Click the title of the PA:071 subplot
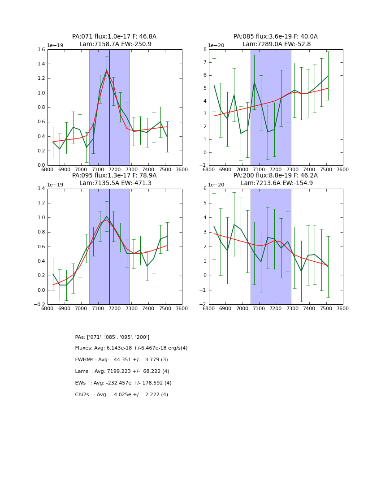[x=114, y=40]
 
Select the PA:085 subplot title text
[x=276, y=40]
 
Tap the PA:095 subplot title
[x=114, y=179]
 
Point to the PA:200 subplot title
[x=276, y=179]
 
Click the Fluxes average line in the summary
[x=131, y=348]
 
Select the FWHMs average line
[x=121, y=360]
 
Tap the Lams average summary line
[x=122, y=372]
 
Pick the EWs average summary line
[x=123, y=383]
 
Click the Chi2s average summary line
[x=121, y=395]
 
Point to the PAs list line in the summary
[x=112, y=337]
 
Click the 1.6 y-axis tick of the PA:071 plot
[x=41, y=49]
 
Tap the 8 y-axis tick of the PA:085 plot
[x=204, y=49]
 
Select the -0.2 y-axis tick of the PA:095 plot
[x=39, y=305]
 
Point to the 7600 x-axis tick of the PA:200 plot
[x=343, y=308]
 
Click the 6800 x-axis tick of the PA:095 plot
[x=48, y=308]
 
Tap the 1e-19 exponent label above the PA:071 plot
[x=56, y=46]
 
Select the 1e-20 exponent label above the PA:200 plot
[x=217, y=185]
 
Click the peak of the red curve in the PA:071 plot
[x=107, y=71]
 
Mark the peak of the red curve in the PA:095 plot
[x=106, y=220]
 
